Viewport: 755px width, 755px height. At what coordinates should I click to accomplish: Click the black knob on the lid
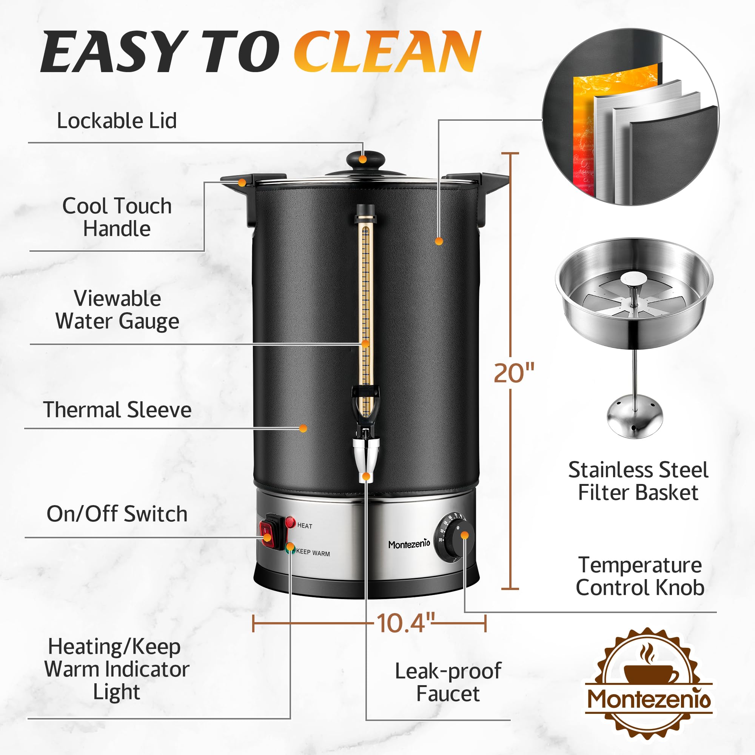tap(365, 159)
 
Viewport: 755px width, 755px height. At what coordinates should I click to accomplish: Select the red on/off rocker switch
tap(267, 532)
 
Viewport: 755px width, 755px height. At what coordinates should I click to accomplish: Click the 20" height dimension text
tap(513, 373)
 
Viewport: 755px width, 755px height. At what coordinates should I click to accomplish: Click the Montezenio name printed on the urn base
tap(409, 544)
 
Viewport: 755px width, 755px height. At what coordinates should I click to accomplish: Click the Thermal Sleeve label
tap(117, 410)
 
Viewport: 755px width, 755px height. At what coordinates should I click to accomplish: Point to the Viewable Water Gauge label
tap(117, 310)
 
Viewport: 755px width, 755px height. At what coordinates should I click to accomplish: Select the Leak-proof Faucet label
tap(448, 682)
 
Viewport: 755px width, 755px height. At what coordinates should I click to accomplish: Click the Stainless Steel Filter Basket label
tap(638, 481)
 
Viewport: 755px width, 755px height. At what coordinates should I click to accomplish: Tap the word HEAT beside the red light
tap(305, 525)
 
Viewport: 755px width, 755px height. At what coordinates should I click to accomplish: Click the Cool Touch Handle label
tap(117, 217)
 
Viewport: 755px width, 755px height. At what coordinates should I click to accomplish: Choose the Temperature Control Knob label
tap(640, 576)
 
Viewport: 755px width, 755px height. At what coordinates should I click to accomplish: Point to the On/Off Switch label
tap(117, 513)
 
